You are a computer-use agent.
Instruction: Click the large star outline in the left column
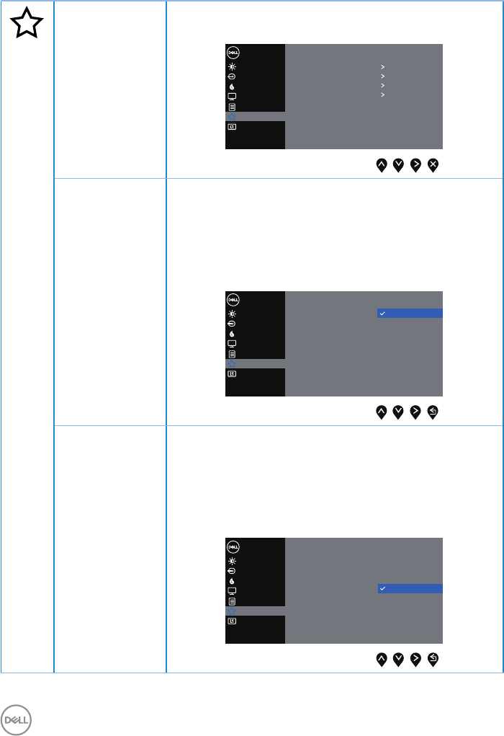click(x=27, y=25)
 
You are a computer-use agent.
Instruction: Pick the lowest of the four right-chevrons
click(x=383, y=94)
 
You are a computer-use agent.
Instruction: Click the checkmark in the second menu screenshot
click(x=382, y=314)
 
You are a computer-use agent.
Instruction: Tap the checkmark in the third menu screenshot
click(x=382, y=589)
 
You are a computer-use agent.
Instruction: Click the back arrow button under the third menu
click(x=433, y=658)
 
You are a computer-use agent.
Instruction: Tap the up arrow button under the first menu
click(x=381, y=165)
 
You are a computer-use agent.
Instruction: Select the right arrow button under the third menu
click(x=415, y=658)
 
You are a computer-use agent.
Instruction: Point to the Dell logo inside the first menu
click(x=233, y=53)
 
